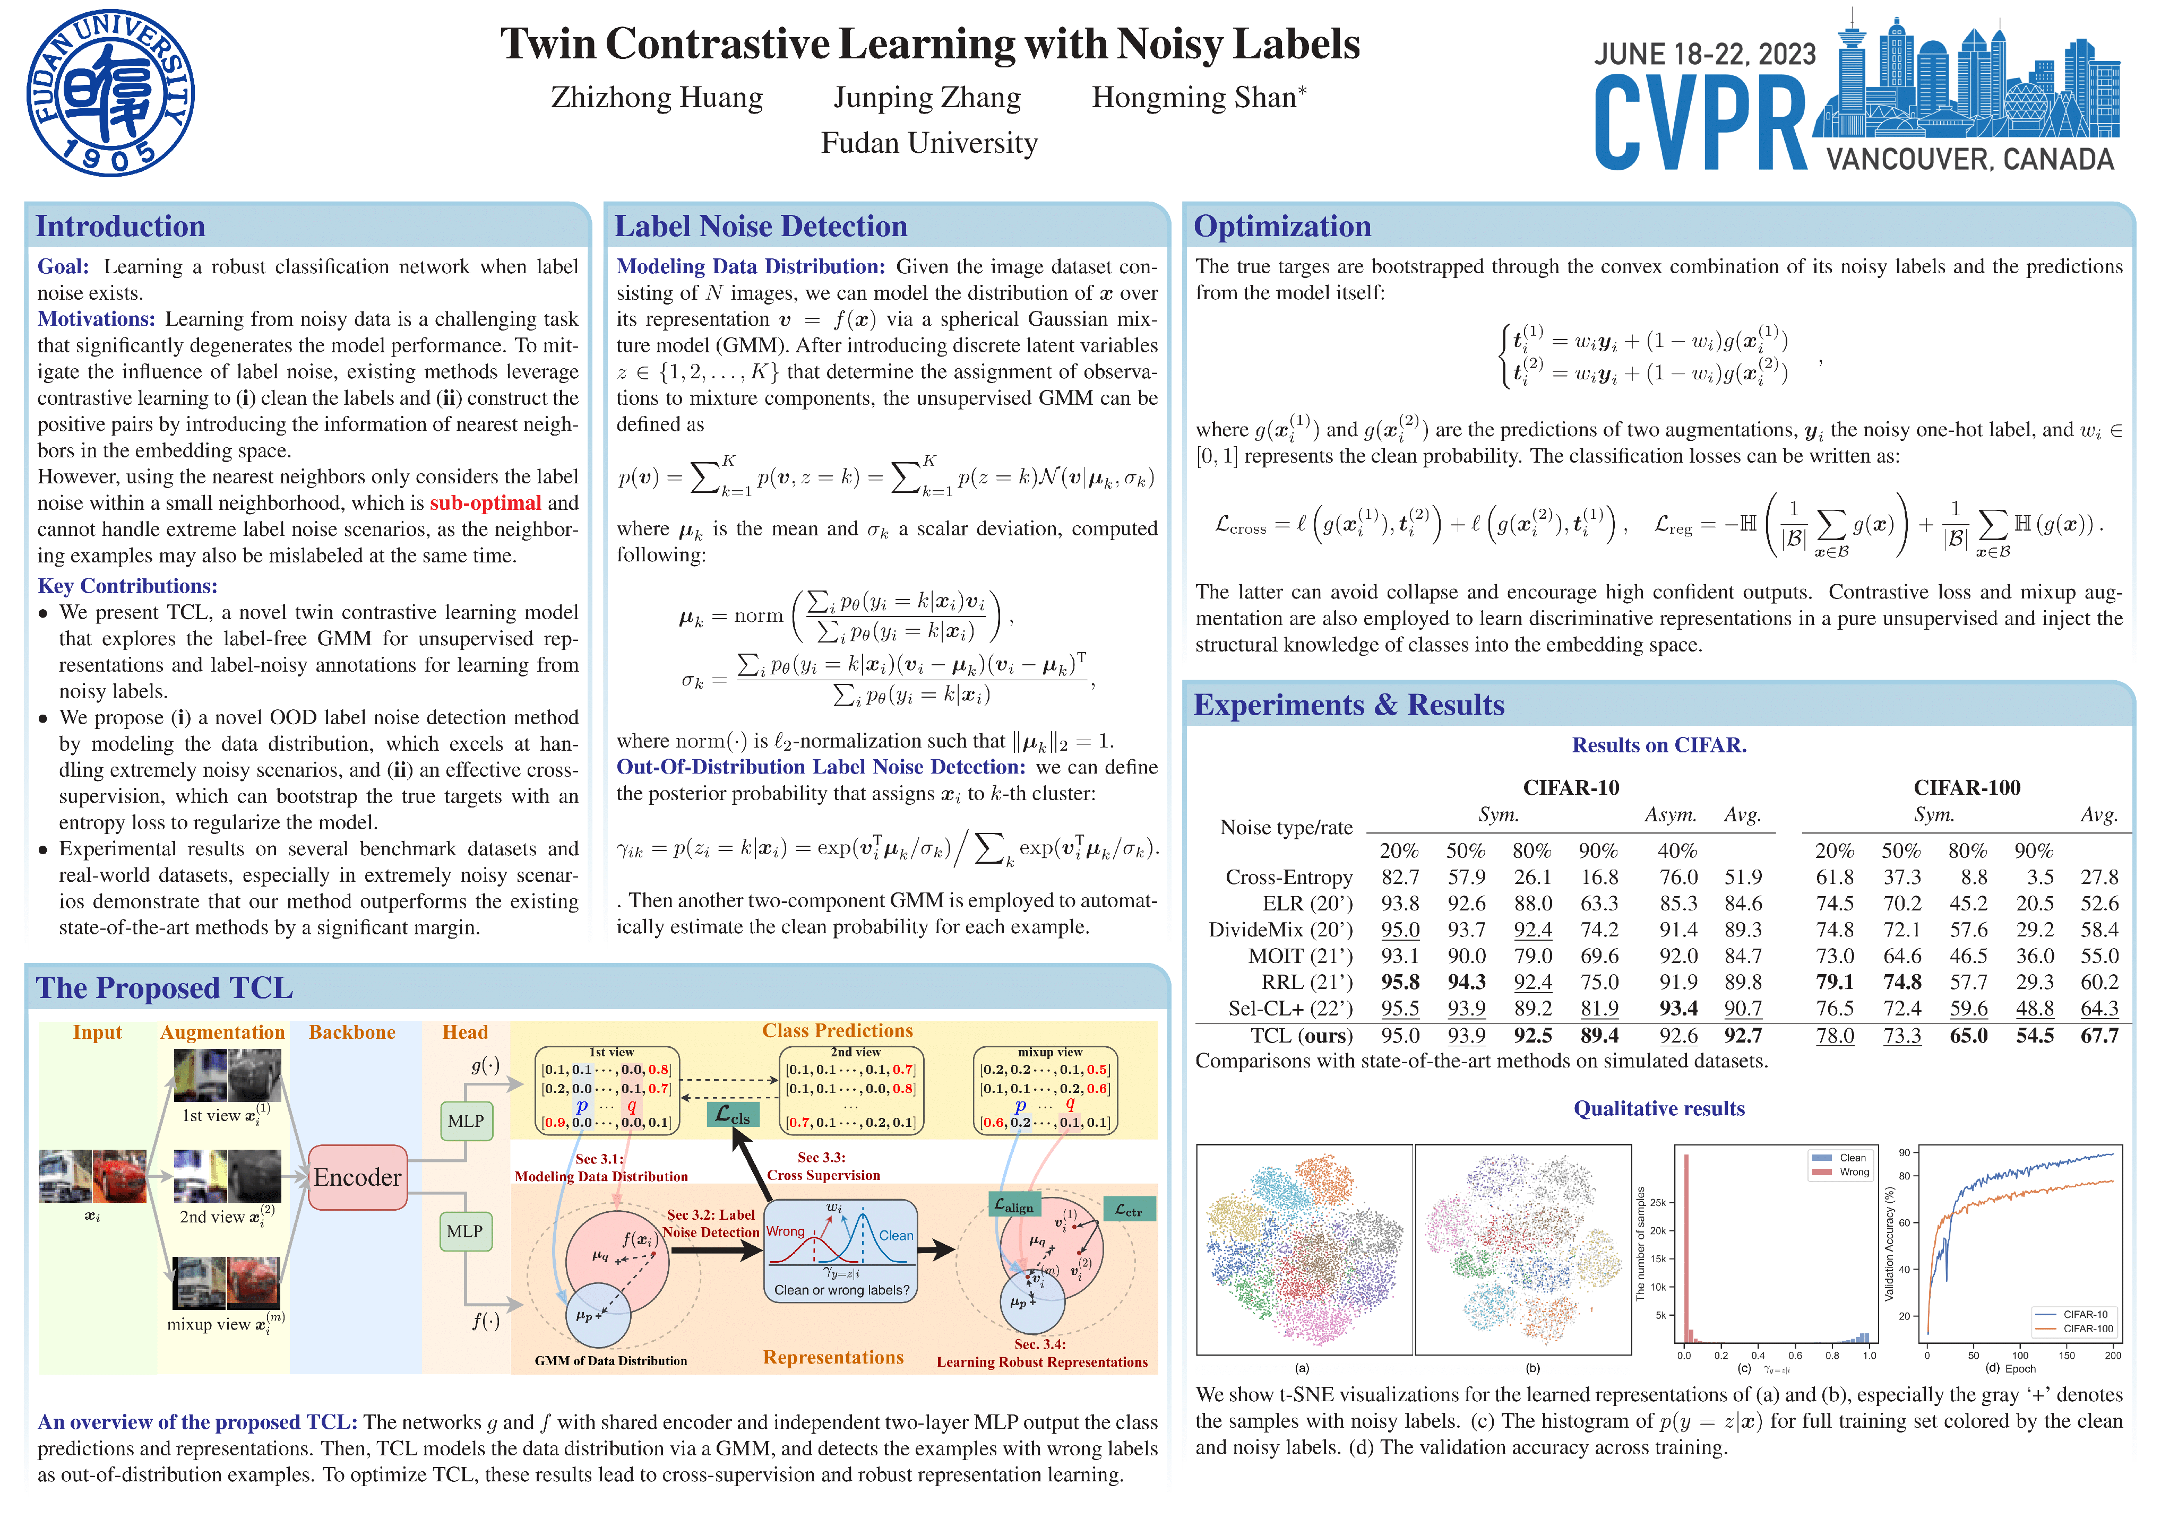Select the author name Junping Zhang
coord(926,97)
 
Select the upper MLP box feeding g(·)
coord(465,1121)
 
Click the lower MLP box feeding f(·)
coord(465,1231)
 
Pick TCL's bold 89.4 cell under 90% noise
coord(1599,1036)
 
